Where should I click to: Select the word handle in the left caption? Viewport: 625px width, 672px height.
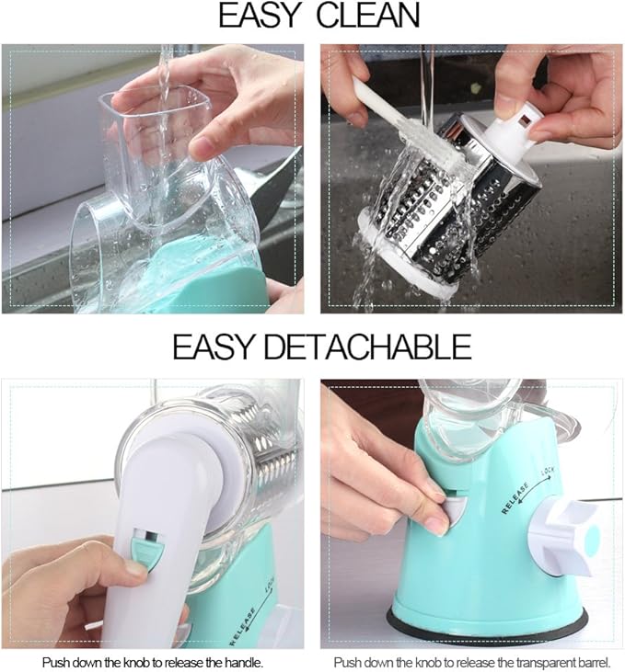[x=243, y=662]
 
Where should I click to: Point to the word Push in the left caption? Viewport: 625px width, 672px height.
[x=57, y=662]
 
